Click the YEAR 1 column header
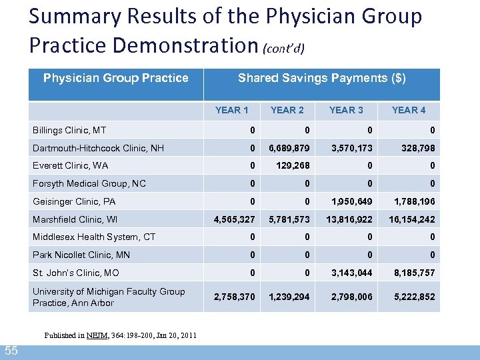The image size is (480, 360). coord(232,110)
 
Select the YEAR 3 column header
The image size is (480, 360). coord(346,110)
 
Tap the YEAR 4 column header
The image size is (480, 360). coord(409,110)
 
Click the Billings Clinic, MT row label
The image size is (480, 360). coord(69,130)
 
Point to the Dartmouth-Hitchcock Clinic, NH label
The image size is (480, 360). coord(98,148)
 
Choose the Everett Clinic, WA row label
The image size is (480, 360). coord(70,165)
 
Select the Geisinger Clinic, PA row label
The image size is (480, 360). coord(74,201)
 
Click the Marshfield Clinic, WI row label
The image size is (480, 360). coord(74,219)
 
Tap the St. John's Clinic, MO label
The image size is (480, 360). coord(76,273)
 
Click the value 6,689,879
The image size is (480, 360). coord(289,148)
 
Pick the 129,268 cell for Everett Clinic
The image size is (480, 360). coord(293,165)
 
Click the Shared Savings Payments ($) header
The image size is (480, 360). coord(321,78)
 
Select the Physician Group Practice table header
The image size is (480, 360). coord(115,78)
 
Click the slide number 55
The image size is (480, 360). coord(11,351)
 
